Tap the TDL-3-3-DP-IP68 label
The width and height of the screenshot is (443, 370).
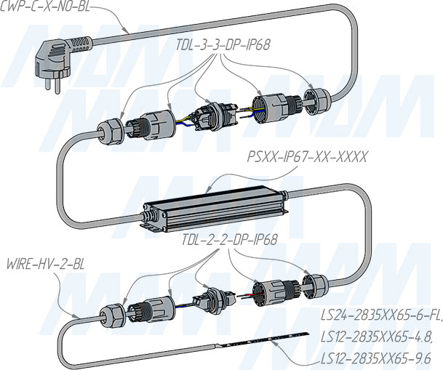pos(223,45)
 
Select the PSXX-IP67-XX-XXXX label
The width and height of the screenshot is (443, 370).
pos(307,156)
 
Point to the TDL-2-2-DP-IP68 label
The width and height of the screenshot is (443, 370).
pos(229,240)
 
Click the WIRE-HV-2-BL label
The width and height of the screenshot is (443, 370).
pos(45,265)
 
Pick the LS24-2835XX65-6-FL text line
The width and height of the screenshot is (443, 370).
pos(381,315)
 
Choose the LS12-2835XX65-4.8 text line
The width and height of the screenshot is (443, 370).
pos(377,337)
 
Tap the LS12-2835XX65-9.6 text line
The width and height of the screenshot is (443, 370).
pos(376,359)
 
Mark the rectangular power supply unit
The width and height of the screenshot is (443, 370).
pos(214,209)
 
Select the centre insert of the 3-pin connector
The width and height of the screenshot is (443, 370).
pos(215,116)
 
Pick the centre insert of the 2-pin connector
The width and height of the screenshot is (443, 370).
pos(214,298)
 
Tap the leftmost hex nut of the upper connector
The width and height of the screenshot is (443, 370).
pos(111,130)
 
